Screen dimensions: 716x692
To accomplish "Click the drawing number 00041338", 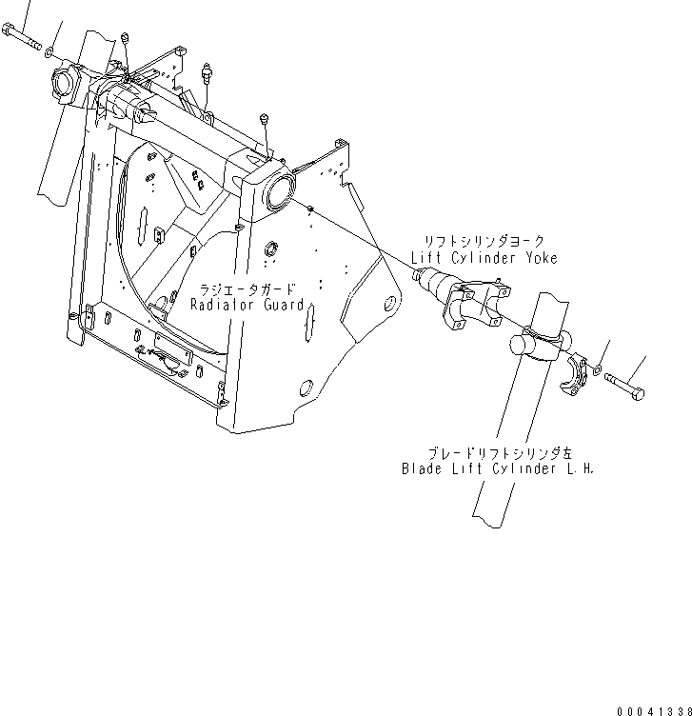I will click(652, 709).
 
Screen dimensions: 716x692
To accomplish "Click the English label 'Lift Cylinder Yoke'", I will click(484, 258).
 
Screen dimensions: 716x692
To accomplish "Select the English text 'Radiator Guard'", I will click(247, 305).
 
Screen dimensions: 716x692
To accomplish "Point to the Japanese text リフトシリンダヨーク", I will click(484, 243).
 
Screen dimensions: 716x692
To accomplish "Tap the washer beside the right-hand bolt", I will click(597, 369).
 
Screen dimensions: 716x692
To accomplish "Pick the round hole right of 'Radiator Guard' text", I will click(388, 307).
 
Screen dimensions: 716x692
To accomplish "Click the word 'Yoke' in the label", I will click(539, 258).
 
